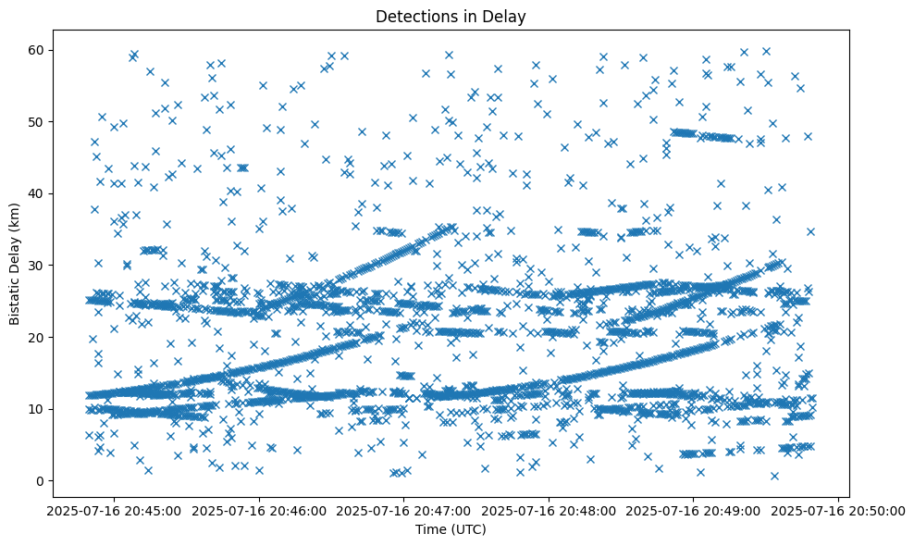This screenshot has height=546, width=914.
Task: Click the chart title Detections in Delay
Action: pos(451,16)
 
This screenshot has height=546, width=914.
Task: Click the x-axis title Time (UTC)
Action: pos(451,529)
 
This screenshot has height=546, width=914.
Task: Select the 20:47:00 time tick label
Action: pos(402,510)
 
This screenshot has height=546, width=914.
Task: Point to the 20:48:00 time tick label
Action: pos(548,510)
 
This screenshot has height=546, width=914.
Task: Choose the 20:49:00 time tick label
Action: pos(693,510)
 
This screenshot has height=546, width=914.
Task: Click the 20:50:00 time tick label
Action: pos(838,510)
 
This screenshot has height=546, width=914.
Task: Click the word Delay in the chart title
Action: pos(508,16)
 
